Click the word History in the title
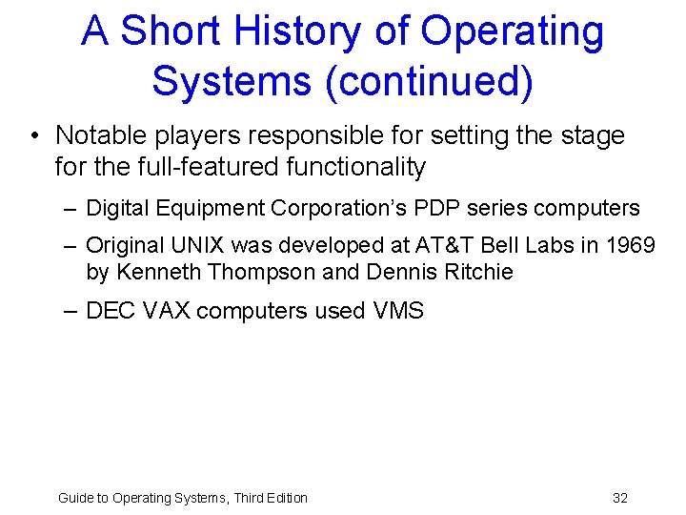click(x=312, y=31)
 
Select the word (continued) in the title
click(x=429, y=81)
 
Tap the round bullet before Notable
click(x=35, y=136)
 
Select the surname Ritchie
click(x=475, y=272)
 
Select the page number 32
click(x=620, y=498)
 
